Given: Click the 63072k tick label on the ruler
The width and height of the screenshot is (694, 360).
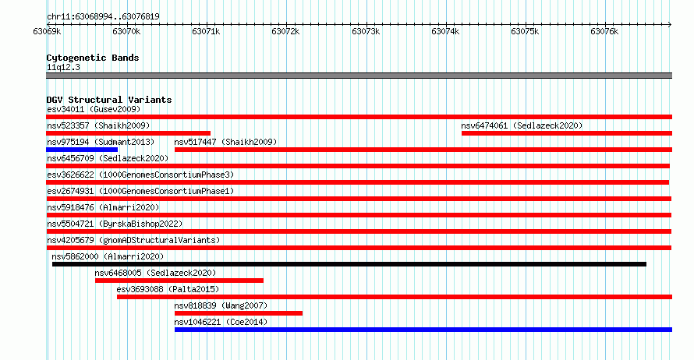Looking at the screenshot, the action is (x=285, y=31).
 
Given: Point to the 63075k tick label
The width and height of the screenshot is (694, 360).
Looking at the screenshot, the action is (x=525, y=31).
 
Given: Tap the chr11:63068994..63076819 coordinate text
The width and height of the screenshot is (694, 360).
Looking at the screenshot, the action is (x=103, y=17).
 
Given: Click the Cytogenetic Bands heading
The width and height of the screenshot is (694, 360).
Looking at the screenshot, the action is (x=93, y=58).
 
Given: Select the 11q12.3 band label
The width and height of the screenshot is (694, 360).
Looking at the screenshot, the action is (x=63, y=67).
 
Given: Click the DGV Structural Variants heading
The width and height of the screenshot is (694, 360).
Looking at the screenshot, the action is (x=109, y=100).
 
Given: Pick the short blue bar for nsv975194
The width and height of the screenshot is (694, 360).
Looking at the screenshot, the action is (x=82, y=150).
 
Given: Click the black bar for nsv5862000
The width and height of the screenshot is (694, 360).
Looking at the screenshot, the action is (x=349, y=264).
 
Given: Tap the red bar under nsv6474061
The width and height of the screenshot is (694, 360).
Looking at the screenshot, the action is (x=567, y=133).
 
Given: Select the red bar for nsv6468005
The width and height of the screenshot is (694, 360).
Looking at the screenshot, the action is (x=179, y=281).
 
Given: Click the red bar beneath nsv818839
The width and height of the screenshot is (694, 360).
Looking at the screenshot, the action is (x=239, y=313).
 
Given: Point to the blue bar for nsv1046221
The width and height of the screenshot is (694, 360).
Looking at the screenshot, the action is (x=423, y=330).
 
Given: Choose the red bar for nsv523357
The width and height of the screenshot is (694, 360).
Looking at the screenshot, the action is (x=129, y=133).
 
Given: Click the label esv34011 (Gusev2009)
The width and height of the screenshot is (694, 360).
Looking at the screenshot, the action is (x=94, y=109).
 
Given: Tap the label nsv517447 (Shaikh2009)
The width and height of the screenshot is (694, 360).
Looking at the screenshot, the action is (x=225, y=142).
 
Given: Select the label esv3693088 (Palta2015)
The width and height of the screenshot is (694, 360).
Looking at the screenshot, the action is (x=168, y=289).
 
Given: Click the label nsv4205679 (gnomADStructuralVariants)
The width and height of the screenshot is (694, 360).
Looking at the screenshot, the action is (x=133, y=240).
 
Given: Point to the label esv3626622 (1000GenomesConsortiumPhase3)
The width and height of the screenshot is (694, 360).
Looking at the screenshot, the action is (x=140, y=175).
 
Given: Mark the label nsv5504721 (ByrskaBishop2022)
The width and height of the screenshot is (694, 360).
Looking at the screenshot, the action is (x=115, y=224).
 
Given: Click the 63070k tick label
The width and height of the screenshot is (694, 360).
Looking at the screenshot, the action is (x=126, y=31).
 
